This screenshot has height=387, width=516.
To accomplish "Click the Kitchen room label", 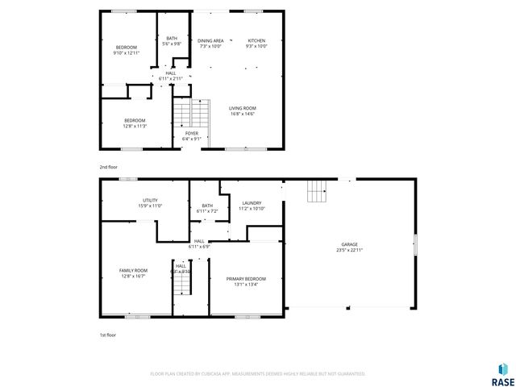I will tap(256, 40).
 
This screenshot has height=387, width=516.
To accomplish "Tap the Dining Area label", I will tap(210, 40).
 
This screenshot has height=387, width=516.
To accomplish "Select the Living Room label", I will tap(242, 108).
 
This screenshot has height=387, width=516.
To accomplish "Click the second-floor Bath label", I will tap(172, 38).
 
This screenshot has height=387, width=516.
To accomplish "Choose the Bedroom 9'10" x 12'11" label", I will tap(126, 48).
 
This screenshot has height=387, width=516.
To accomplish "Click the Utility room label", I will tap(150, 201).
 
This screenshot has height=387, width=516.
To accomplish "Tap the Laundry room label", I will tap(251, 203).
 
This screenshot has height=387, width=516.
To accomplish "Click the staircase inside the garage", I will tap(317, 193).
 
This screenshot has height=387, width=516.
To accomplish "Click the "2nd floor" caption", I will tap(108, 167).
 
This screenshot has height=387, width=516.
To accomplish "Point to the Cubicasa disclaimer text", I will tap(258, 374).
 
